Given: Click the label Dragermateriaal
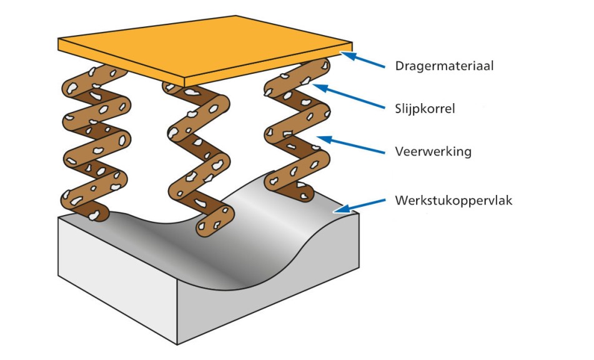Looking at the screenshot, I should tap(444, 66).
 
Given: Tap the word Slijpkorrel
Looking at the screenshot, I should tap(425, 109).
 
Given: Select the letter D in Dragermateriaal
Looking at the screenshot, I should tap(399, 66).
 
